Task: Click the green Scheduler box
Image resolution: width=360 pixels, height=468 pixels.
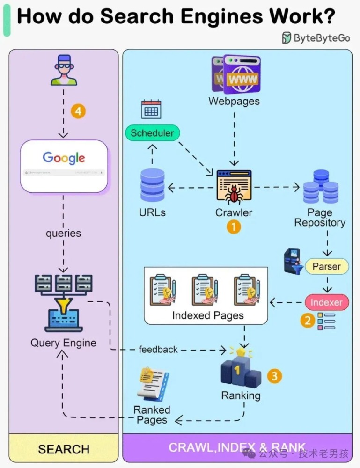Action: pyautogui.click(x=152, y=133)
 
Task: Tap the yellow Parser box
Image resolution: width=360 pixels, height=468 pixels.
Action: pyautogui.click(x=327, y=267)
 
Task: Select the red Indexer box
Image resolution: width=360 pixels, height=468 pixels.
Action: pyautogui.click(x=326, y=302)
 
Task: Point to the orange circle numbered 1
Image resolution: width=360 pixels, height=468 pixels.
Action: pyautogui.click(x=234, y=227)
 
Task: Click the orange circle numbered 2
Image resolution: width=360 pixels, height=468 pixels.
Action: pyautogui.click(x=308, y=321)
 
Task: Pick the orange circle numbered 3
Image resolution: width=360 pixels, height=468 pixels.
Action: pyautogui.click(x=275, y=375)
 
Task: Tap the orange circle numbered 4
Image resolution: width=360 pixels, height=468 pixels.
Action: pyautogui.click(x=78, y=111)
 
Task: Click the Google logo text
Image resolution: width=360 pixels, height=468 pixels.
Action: pyautogui.click(x=64, y=158)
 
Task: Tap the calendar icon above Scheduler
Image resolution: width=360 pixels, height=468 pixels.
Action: pyautogui.click(x=151, y=109)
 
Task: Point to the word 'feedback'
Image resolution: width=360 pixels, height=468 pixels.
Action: pyautogui.click(x=158, y=350)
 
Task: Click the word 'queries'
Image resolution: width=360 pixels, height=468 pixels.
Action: pyautogui.click(x=63, y=233)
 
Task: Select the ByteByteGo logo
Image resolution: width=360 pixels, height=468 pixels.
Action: pyautogui.click(x=316, y=38)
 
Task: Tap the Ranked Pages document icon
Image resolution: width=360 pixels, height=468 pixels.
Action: pyautogui.click(x=153, y=382)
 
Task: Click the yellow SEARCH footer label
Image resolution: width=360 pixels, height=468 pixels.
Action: pyautogui.click(x=64, y=449)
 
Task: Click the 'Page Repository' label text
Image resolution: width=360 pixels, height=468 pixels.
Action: pyautogui.click(x=320, y=218)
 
